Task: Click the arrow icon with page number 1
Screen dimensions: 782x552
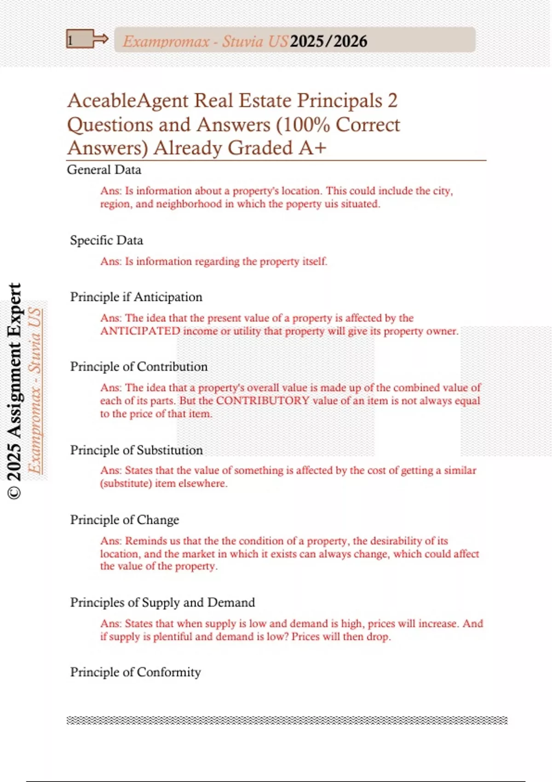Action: click(x=86, y=40)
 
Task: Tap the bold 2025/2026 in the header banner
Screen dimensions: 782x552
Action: click(x=328, y=41)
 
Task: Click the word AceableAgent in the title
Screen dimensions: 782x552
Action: click(x=128, y=101)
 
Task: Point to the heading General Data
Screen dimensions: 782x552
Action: click(x=104, y=170)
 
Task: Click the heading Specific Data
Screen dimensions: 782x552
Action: click(x=106, y=240)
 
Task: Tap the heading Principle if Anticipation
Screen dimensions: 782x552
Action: click(x=136, y=297)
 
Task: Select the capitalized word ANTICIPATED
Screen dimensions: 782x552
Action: click(x=140, y=331)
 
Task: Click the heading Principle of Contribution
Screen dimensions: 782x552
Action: click(x=138, y=367)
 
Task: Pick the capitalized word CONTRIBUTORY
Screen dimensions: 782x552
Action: click(x=263, y=401)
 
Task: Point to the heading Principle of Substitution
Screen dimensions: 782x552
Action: click(x=136, y=450)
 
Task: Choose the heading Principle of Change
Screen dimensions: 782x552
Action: click(x=124, y=520)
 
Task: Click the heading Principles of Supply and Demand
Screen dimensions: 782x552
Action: click(x=162, y=603)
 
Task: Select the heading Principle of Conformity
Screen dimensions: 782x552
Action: click(x=135, y=672)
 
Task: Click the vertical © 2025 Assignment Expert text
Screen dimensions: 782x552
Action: click(x=15, y=391)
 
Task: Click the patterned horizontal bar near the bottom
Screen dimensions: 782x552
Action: click(x=287, y=720)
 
